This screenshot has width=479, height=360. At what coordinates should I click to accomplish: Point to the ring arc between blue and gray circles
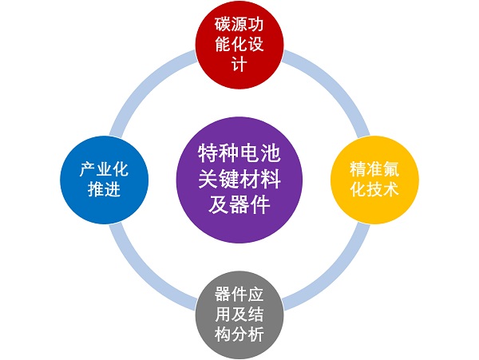point(148,271)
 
